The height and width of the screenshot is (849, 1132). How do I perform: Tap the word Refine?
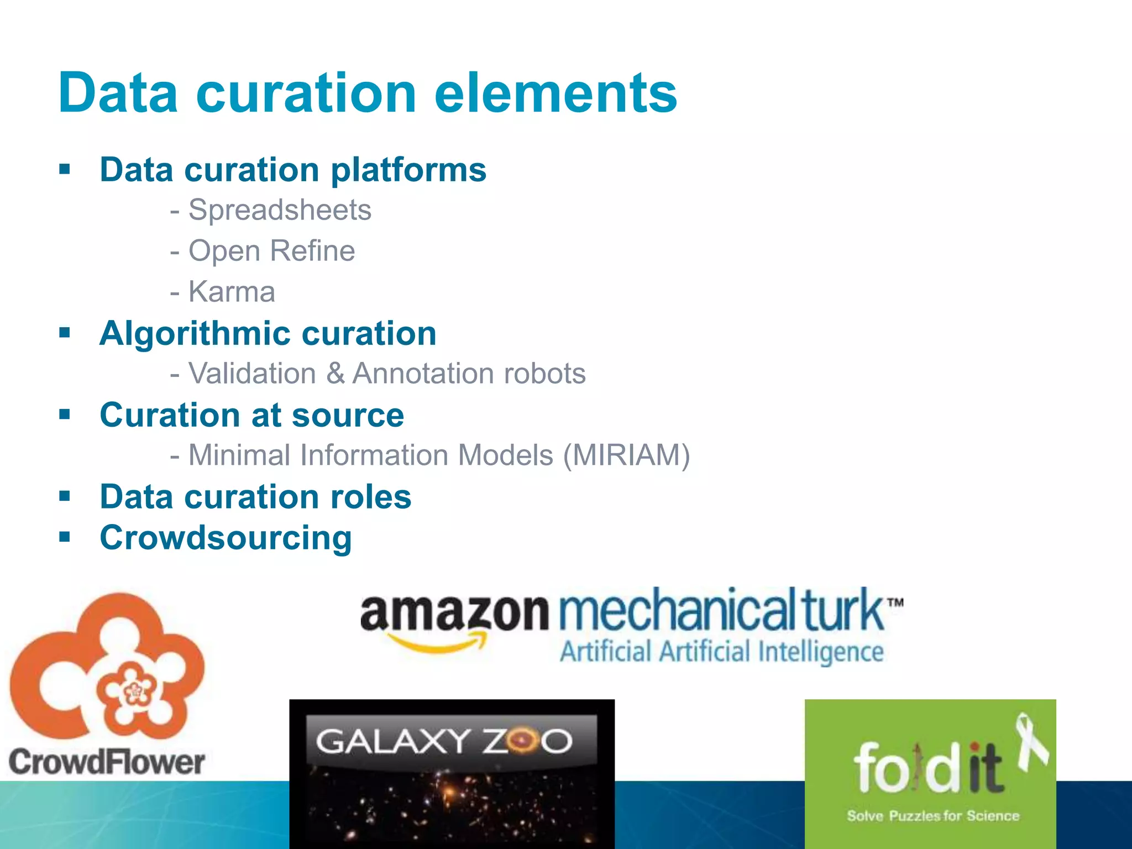(x=313, y=251)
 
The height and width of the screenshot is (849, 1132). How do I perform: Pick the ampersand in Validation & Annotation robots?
(x=335, y=374)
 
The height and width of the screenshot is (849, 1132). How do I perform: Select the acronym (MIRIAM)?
(x=626, y=455)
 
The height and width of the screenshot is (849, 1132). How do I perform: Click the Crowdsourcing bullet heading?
(x=226, y=538)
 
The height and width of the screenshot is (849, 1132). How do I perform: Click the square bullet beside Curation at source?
(x=65, y=414)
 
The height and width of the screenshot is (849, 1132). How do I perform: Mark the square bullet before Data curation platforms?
(x=65, y=169)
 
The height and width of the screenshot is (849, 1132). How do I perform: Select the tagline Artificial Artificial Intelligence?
(x=721, y=652)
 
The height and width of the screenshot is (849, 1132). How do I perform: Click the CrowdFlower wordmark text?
(x=107, y=762)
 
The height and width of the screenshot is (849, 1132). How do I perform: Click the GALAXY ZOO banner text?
(x=444, y=741)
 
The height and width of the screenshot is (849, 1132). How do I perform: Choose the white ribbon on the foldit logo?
(x=1032, y=741)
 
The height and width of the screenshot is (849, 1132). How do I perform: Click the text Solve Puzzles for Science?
(x=933, y=816)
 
